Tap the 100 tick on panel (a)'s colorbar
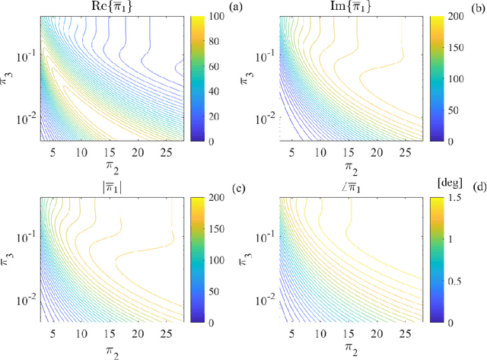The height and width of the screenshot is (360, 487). [211, 16]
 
